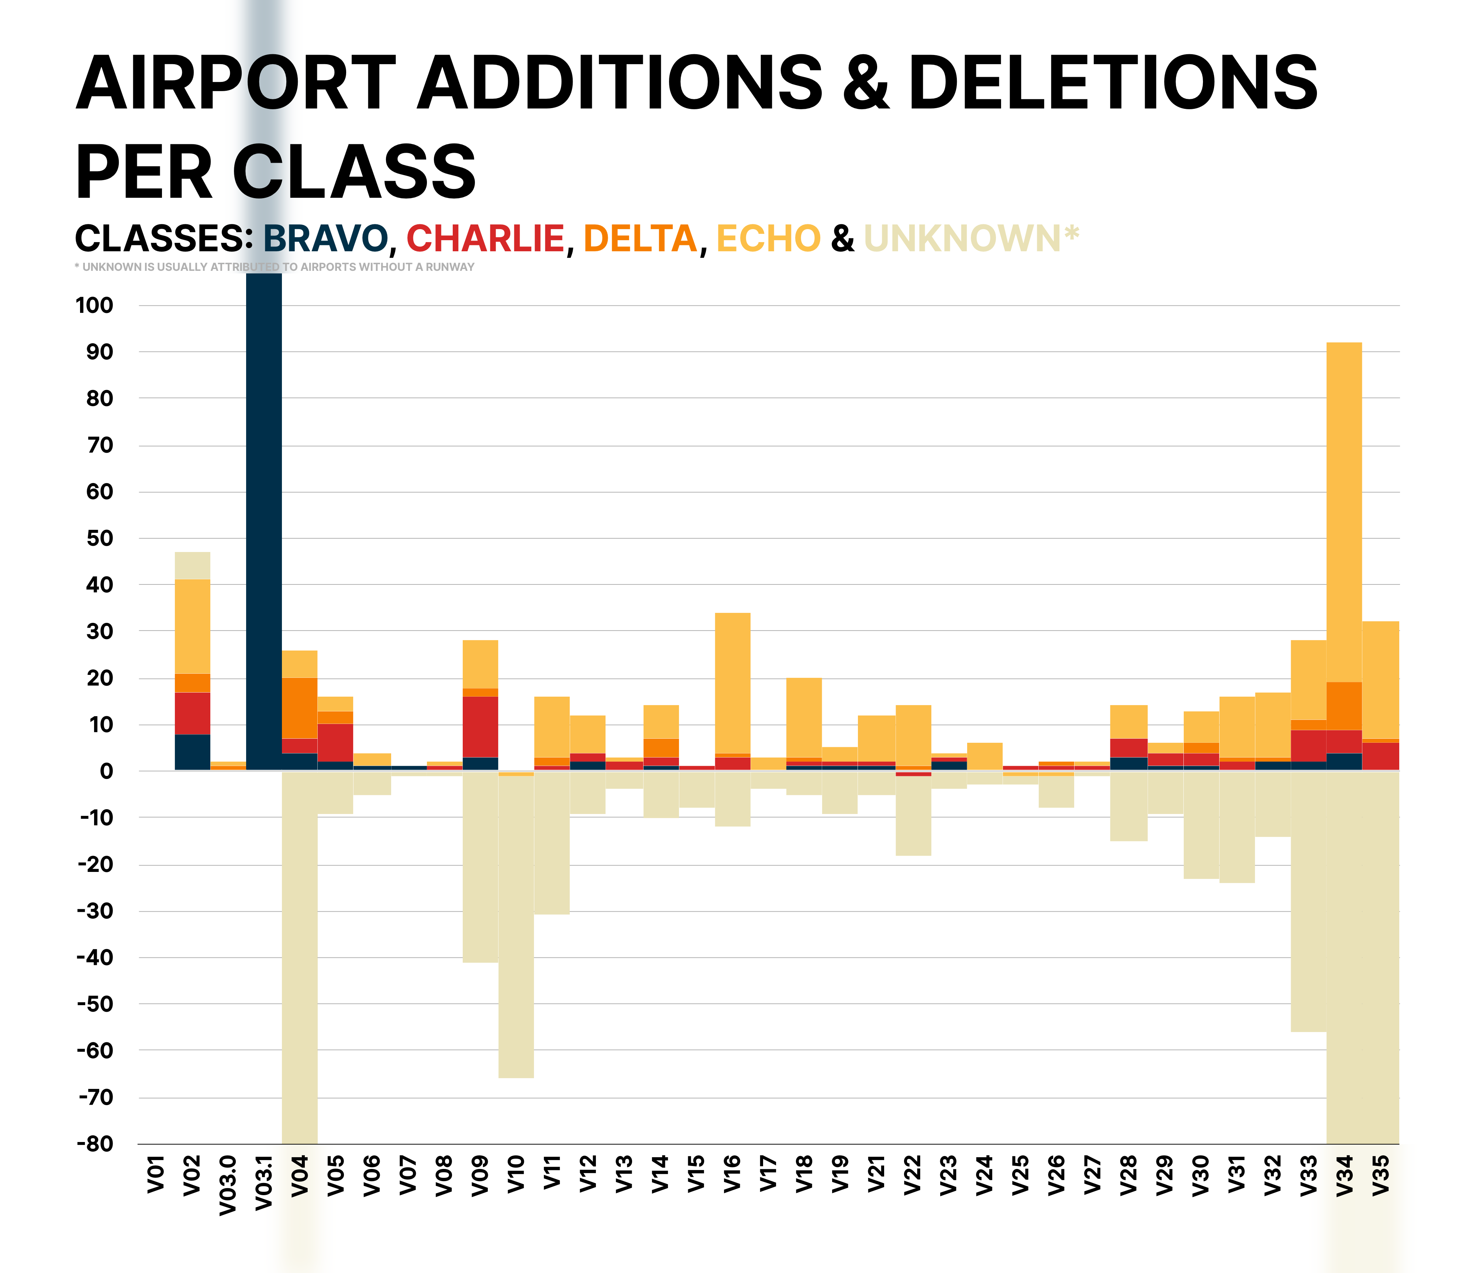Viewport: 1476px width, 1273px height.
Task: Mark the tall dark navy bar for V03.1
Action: [x=263, y=520]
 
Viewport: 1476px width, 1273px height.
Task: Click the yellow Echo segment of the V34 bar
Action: [x=1344, y=513]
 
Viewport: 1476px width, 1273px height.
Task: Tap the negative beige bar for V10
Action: [x=516, y=926]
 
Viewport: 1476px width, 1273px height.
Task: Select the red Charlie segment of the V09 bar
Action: [x=480, y=727]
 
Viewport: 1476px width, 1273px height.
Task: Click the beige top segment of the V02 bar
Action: [x=192, y=566]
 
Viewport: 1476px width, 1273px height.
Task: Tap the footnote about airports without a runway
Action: [x=274, y=267]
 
